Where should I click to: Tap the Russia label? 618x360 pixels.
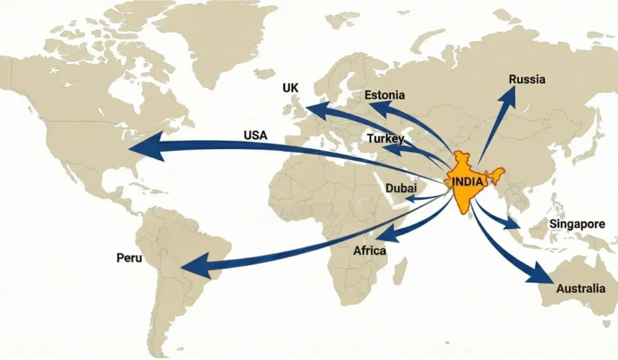pyautogui.click(x=527, y=79)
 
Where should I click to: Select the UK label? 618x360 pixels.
pyautogui.click(x=290, y=88)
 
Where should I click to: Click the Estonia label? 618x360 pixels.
pyautogui.click(x=385, y=95)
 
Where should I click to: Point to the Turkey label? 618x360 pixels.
pyautogui.click(x=386, y=139)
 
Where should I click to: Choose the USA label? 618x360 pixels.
pyautogui.click(x=256, y=135)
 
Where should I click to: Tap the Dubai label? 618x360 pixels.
pyautogui.click(x=401, y=188)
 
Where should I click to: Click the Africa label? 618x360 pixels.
pyautogui.click(x=370, y=251)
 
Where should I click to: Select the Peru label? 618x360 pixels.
pyautogui.click(x=130, y=258)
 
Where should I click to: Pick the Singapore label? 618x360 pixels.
pyautogui.click(x=577, y=224)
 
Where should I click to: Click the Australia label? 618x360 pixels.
pyautogui.click(x=580, y=289)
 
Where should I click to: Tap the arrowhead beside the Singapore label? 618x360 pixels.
pyautogui.click(x=512, y=224)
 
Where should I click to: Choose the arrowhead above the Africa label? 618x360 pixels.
pyautogui.click(x=386, y=233)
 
